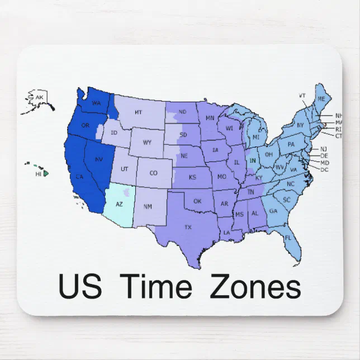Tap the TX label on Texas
pyautogui.click(x=188, y=227)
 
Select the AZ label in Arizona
pyautogui.click(x=119, y=205)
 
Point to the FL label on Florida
pyautogui.click(x=288, y=238)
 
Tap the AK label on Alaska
pyautogui.click(x=39, y=98)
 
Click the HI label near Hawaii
pyautogui.click(x=39, y=174)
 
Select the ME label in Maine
pyautogui.click(x=320, y=99)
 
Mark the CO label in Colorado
pyautogui.click(x=153, y=173)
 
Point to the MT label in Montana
pyautogui.click(x=138, y=112)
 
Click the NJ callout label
pyautogui.click(x=324, y=149)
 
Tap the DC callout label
pyautogui.click(x=324, y=169)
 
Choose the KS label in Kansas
pyautogui.click(x=192, y=177)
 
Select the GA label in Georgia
pyautogui.click(x=273, y=211)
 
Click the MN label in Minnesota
pyautogui.click(x=210, y=119)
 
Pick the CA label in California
pyautogui.click(x=79, y=178)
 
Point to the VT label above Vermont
pyautogui.click(x=302, y=96)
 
